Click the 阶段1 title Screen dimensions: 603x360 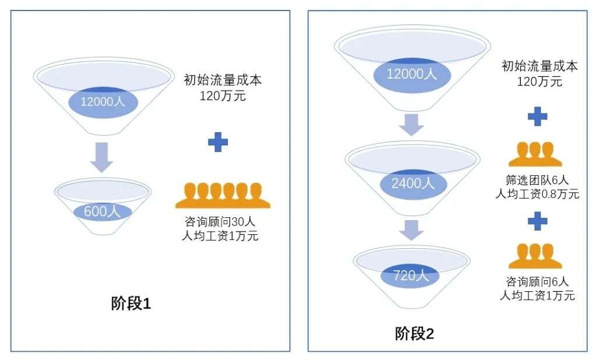(x=131, y=303)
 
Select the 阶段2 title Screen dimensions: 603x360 (x=414, y=333)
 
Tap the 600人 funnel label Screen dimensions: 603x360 (x=103, y=211)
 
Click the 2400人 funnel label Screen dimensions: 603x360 (x=413, y=183)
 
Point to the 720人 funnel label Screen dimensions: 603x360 (x=411, y=275)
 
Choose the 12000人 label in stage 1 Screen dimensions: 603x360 (x=103, y=101)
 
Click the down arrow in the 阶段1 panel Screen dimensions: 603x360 (x=101, y=157)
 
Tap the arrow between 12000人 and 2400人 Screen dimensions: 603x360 (x=411, y=125)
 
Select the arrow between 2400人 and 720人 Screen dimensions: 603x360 (x=411, y=230)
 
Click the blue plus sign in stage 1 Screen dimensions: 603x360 (x=218, y=142)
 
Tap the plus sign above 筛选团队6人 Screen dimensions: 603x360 (x=537, y=117)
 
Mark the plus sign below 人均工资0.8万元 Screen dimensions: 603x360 (x=537, y=221)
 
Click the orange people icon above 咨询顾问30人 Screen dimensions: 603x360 (x=223, y=196)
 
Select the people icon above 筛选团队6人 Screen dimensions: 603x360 (x=535, y=154)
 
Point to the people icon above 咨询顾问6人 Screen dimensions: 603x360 (x=535, y=256)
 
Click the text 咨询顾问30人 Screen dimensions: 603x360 (x=220, y=221)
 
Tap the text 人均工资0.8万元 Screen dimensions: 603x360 (x=537, y=194)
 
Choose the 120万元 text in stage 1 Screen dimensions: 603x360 (x=223, y=96)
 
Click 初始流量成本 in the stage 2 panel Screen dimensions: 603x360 (x=539, y=66)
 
